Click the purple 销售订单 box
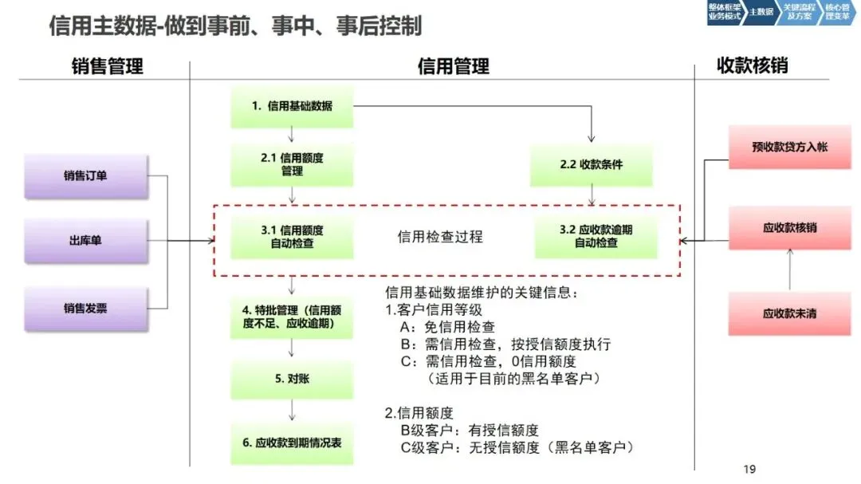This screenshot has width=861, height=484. pyautogui.click(x=85, y=176)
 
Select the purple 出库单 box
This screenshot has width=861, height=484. pyautogui.click(x=85, y=241)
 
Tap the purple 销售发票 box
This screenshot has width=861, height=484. pyautogui.click(x=85, y=308)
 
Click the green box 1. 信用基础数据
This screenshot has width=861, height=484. pyautogui.click(x=292, y=106)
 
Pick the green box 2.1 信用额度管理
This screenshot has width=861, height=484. pyautogui.click(x=292, y=165)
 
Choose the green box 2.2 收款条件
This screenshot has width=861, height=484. pyautogui.click(x=592, y=165)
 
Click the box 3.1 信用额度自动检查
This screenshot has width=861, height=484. pyautogui.click(x=292, y=237)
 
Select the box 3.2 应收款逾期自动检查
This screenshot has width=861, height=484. pyautogui.click(x=596, y=237)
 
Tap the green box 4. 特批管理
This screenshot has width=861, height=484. pyautogui.click(x=292, y=317)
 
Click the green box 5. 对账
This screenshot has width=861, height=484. pyautogui.click(x=292, y=379)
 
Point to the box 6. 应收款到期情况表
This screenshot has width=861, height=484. pyautogui.click(x=292, y=443)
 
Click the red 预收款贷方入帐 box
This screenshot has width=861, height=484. pyautogui.click(x=789, y=148)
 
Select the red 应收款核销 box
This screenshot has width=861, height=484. pyautogui.click(x=789, y=228)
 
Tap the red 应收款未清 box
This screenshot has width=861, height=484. pyautogui.click(x=789, y=313)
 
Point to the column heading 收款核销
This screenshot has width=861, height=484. pyautogui.click(x=752, y=65)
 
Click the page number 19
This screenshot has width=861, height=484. pyautogui.click(x=749, y=469)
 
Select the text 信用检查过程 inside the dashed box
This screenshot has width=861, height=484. pyautogui.click(x=440, y=237)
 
